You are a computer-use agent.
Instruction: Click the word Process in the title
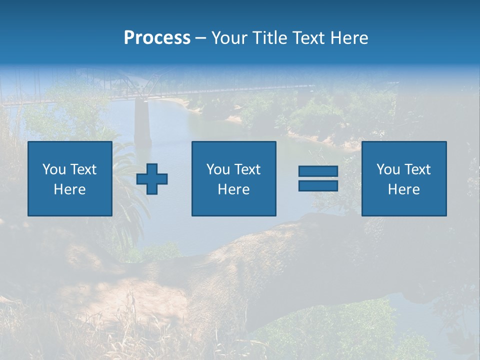(157, 38)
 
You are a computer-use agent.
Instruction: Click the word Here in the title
(350, 38)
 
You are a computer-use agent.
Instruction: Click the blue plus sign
(152, 178)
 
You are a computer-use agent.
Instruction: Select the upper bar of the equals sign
(318, 171)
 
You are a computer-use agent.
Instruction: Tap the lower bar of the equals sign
(318, 185)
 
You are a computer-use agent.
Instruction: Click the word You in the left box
(54, 169)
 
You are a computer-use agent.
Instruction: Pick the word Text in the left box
(83, 169)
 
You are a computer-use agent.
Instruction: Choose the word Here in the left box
(69, 189)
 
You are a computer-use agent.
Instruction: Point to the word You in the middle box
(218, 169)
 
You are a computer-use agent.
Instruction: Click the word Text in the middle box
(247, 169)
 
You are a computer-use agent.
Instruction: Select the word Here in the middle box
(233, 189)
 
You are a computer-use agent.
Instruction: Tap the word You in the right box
(388, 169)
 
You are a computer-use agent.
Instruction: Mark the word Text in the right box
(417, 169)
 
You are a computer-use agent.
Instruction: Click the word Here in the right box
(403, 189)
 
